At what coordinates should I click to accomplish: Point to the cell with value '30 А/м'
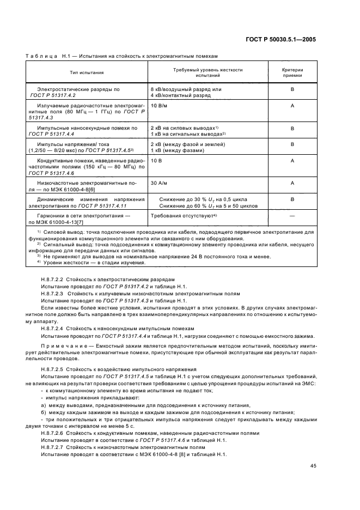[160, 183]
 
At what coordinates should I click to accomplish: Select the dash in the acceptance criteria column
[292, 217]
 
